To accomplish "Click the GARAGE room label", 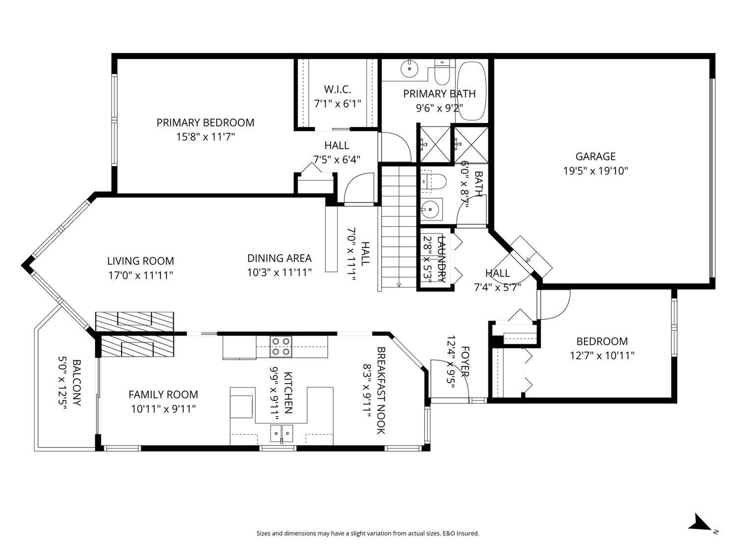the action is click(x=595, y=157).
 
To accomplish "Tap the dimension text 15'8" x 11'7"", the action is click(x=206, y=137).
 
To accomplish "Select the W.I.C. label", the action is click(x=337, y=89).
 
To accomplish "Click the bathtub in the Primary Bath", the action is click(x=472, y=91).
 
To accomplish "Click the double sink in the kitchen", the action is click(x=282, y=432).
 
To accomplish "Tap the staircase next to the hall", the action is click(x=398, y=228).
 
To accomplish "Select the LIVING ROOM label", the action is click(x=140, y=261).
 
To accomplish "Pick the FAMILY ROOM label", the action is click(x=163, y=394).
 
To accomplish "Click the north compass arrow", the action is click(x=699, y=523).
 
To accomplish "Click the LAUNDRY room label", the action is click(x=441, y=259).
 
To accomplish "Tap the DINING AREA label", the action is click(x=279, y=258).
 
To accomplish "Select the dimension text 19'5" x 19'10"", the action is click(x=595, y=171).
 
